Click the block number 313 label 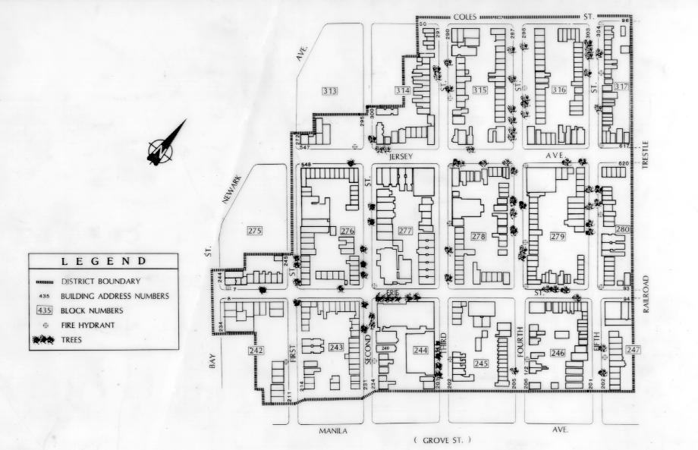(329, 91)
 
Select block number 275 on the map (255, 230)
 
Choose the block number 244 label (420, 351)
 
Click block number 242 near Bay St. (255, 351)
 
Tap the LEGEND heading (104, 262)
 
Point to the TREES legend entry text (71, 339)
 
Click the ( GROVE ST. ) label (442, 439)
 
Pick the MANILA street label (332, 430)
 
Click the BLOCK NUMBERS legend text (93, 310)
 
